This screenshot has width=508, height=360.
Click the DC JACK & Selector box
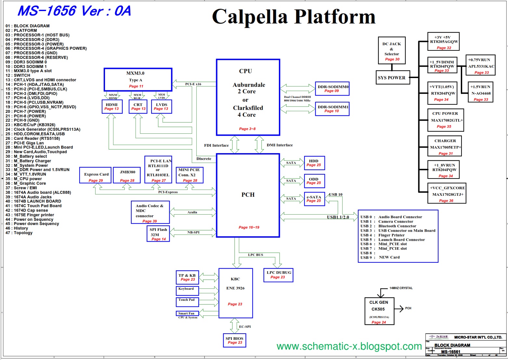point(392,50)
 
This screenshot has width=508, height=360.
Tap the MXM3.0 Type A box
point(138,79)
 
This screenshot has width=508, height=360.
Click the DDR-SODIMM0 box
point(332,88)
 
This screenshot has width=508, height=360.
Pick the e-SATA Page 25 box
point(314,199)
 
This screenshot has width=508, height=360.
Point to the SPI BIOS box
point(235,340)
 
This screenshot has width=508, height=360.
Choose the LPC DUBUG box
point(278,275)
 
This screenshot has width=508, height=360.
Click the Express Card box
point(96,176)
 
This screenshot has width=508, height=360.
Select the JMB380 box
point(127,176)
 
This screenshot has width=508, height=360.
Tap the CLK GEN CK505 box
point(379,312)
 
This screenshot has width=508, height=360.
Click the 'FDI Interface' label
point(216,145)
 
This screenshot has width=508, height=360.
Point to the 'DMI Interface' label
point(280,145)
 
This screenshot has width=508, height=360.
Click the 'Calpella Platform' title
point(293,17)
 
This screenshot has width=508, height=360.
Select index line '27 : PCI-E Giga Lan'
point(25,143)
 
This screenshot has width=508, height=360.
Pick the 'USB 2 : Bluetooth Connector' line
point(388,226)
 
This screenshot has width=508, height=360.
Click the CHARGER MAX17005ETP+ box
point(445,146)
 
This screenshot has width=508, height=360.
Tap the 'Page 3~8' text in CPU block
point(247,129)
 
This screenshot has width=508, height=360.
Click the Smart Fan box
point(186,313)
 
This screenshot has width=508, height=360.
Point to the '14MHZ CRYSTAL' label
point(401,288)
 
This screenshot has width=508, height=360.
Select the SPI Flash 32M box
point(158,234)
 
